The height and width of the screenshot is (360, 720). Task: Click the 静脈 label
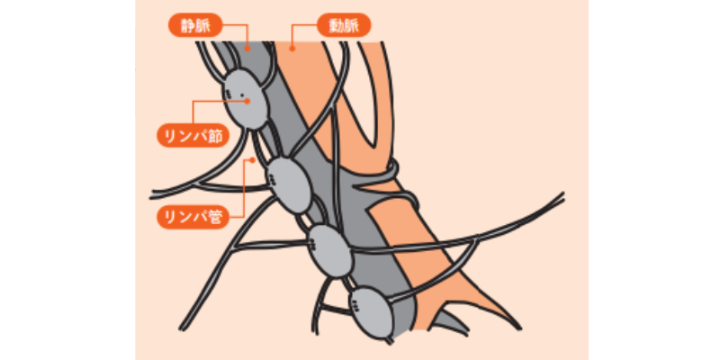tap(195, 26)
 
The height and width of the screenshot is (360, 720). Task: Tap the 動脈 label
tap(344, 25)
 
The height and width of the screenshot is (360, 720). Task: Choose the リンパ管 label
tap(193, 217)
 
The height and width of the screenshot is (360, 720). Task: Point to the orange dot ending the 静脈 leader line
tap(247, 48)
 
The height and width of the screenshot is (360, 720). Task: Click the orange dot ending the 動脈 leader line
tap(291, 48)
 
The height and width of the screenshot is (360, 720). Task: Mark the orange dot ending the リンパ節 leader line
tap(247, 102)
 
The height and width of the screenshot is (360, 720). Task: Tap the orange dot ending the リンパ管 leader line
tap(252, 160)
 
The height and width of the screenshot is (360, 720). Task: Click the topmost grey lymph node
tap(246, 99)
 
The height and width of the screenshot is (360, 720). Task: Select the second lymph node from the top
tap(289, 184)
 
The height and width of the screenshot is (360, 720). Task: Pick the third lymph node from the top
tap(330, 251)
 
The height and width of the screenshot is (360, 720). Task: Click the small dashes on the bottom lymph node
tap(355, 306)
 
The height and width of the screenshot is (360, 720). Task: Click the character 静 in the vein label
tap(188, 26)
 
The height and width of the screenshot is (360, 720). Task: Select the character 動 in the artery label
tap(337, 25)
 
